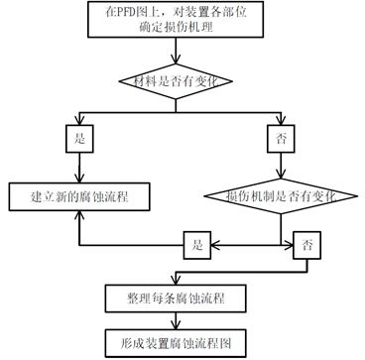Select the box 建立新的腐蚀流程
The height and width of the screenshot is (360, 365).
coord(80,196)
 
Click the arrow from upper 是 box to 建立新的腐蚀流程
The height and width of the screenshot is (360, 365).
coord(79,164)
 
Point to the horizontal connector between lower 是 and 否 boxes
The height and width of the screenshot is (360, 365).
coord(248,243)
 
